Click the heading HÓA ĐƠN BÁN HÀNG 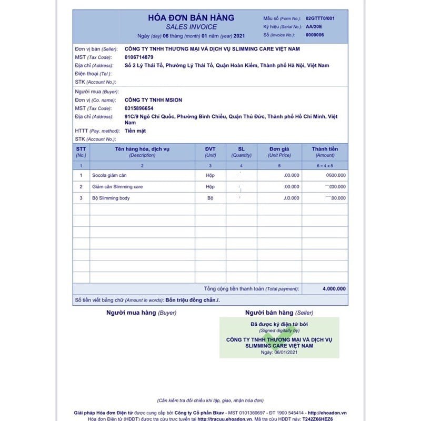(x=191, y=18)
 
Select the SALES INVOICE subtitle (x=191, y=27)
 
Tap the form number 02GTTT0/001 (x=320, y=18)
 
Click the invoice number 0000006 (x=315, y=35)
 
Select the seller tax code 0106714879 (x=139, y=57)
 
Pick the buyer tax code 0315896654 (x=139, y=108)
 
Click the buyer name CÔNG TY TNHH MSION (x=154, y=100)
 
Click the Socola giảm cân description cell (x=109, y=175)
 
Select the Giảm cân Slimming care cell (x=117, y=187)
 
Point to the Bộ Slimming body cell (x=111, y=198)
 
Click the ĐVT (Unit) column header (x=210, y=152)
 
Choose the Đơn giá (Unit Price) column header (x=279, y=152)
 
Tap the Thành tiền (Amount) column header (x=325, y=152)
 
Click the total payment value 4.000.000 (x=334, y=289)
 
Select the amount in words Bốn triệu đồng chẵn (x=192, y=300)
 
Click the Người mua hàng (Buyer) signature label (x=141, y=313)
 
